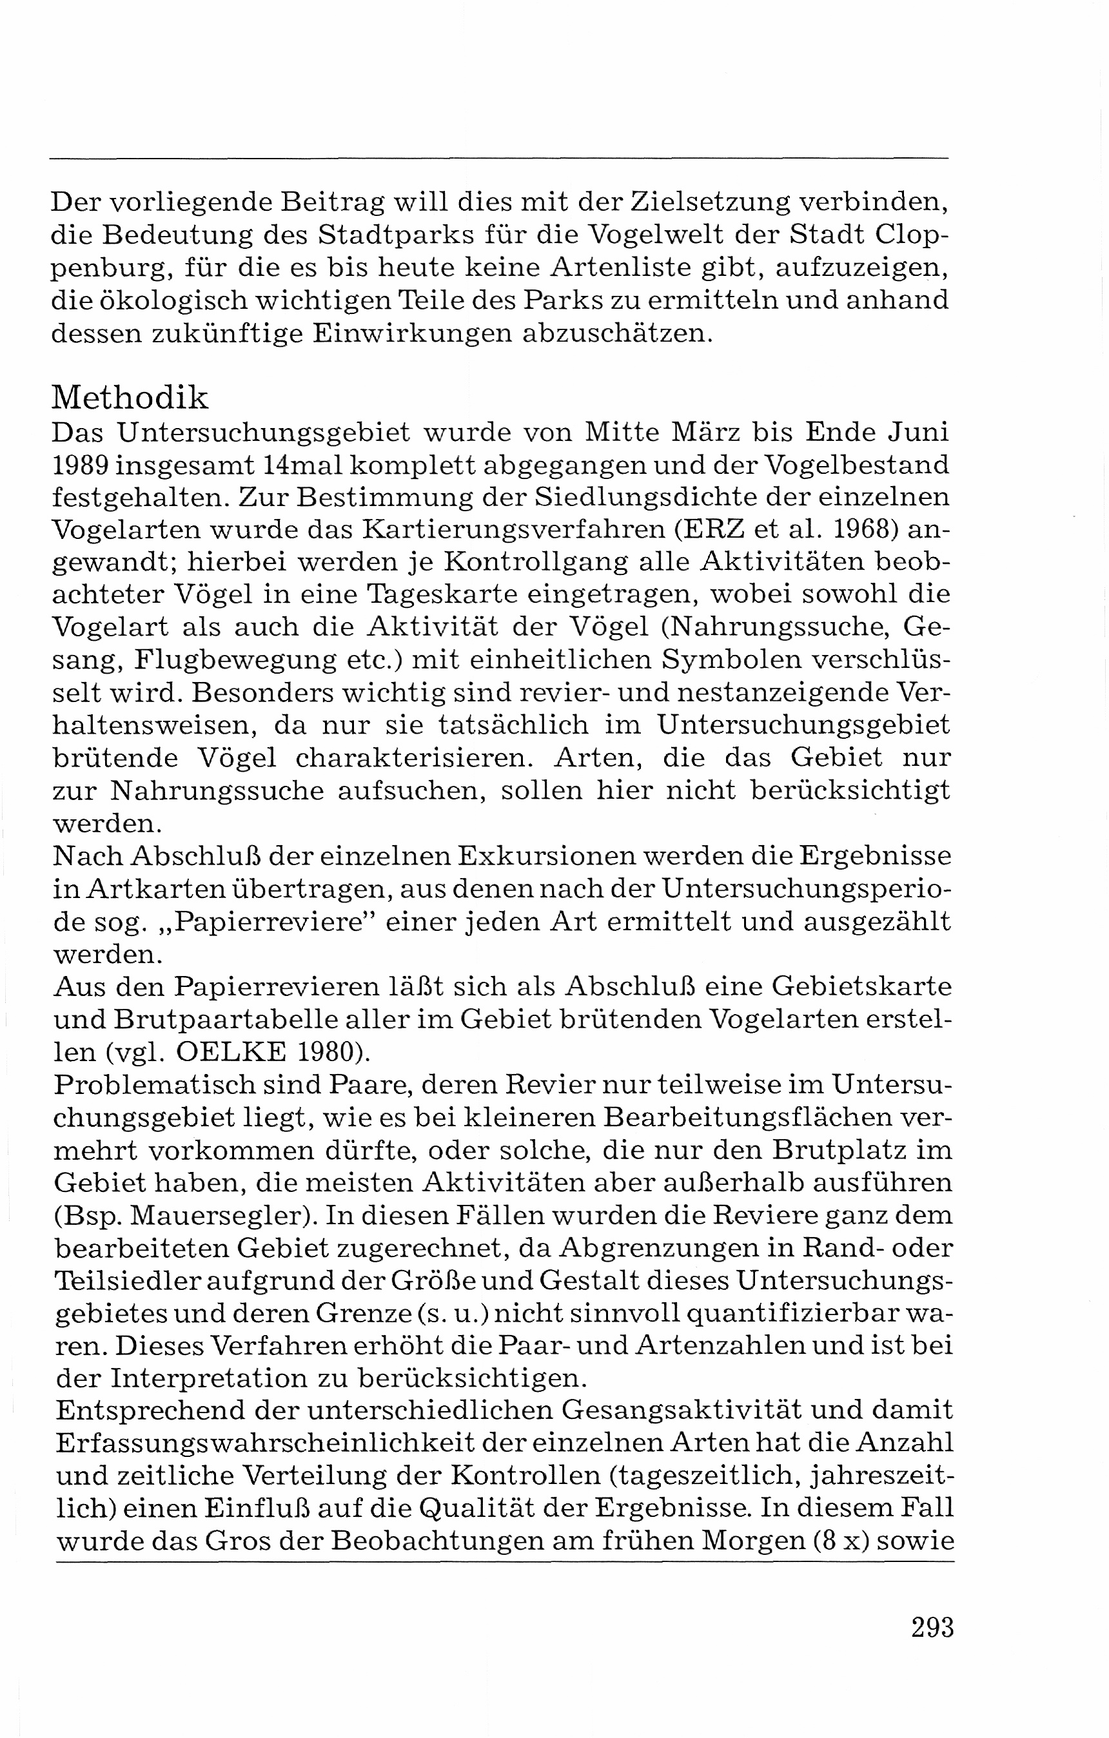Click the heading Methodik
130,398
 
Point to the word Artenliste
646,267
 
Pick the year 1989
80,465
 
